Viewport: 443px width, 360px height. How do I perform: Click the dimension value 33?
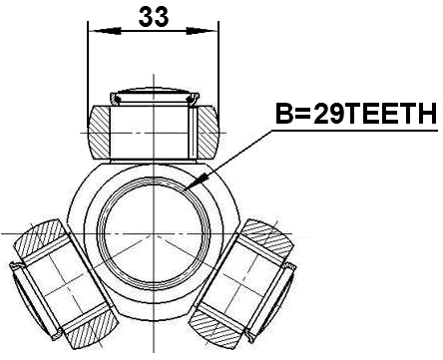tap(153, 16)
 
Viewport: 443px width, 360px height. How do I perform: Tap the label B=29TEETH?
tap(355, 116)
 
